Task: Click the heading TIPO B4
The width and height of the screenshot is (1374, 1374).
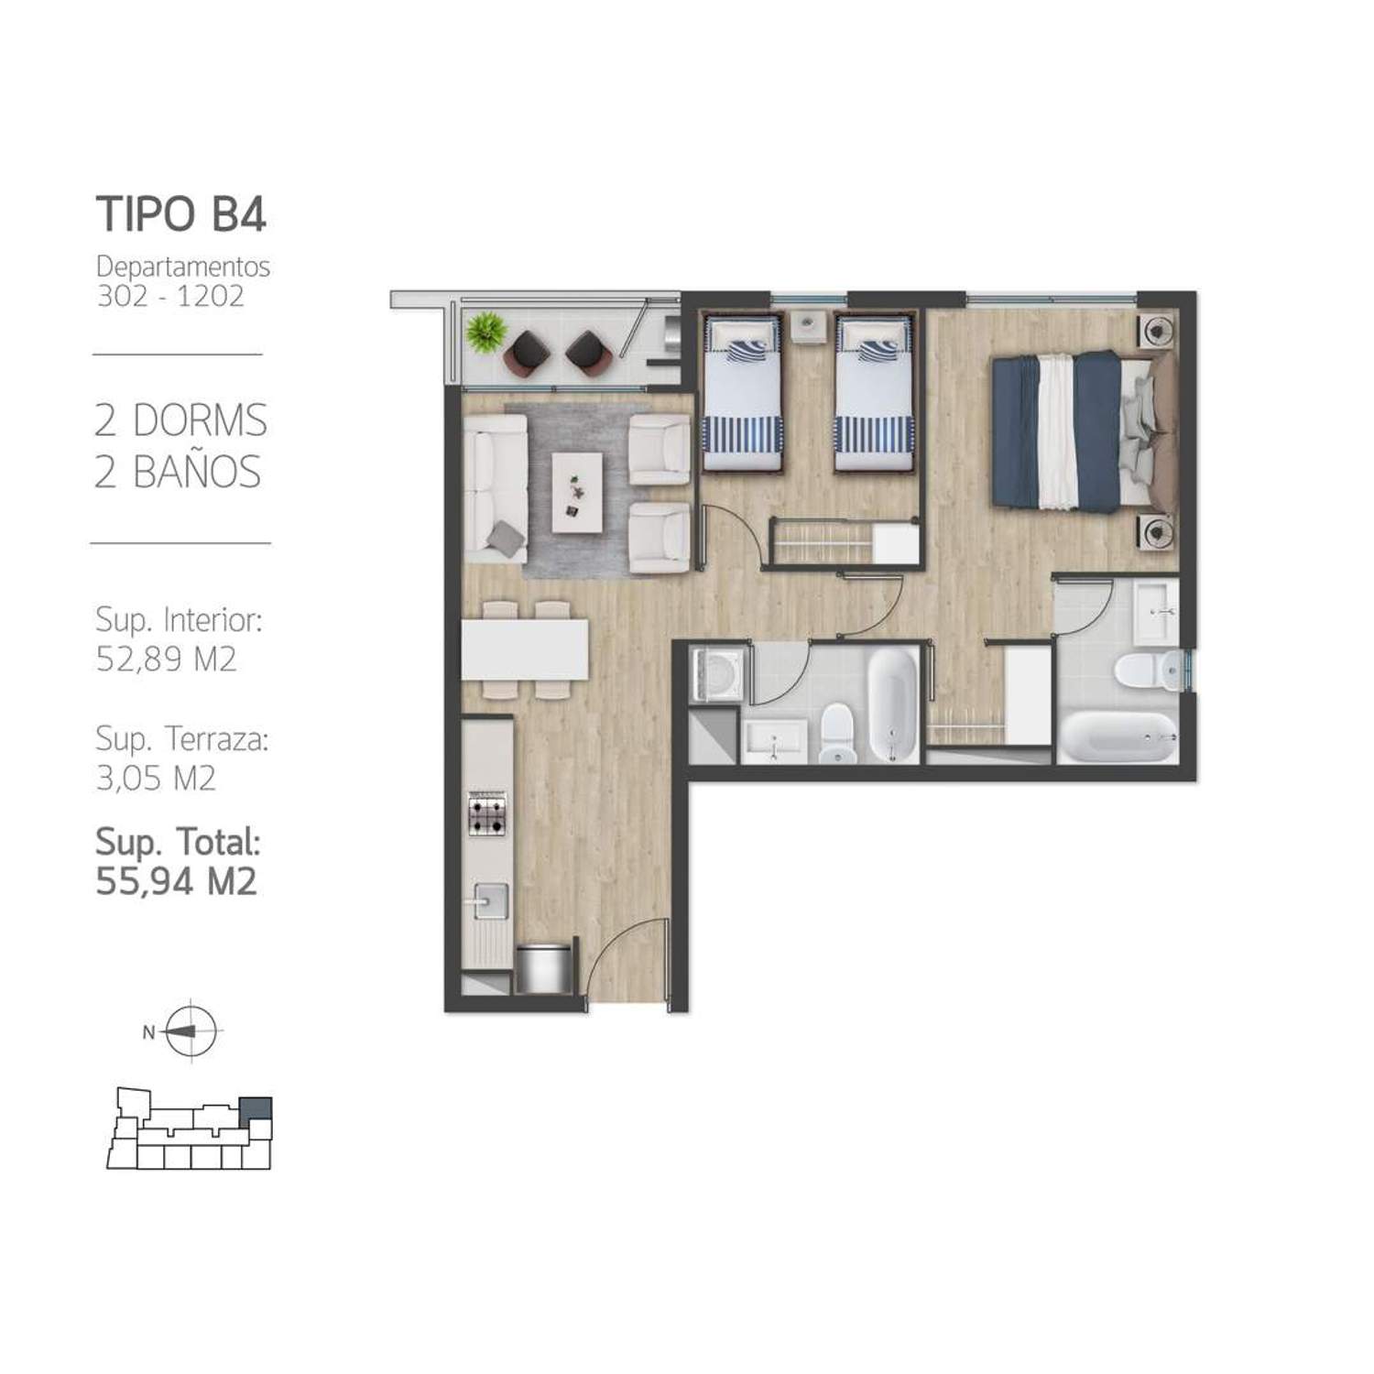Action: (x=181, y=213)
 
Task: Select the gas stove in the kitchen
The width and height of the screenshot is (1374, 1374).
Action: (x=486, y=813)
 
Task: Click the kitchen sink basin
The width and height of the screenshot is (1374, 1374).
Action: (x=487, y=900)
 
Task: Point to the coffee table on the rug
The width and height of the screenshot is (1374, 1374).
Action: (x=577, y=492)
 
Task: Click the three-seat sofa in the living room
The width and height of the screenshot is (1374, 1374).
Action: (x=496, y=488)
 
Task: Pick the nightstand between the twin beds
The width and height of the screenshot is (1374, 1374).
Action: (x=808, y=326)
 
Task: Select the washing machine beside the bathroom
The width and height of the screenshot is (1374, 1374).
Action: (x=719, y=675)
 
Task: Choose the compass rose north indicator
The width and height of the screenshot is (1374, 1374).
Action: (x=191, y=1030)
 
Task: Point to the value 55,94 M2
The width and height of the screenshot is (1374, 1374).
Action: (x=176, y=881)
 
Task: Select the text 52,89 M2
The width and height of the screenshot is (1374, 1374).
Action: (x=166, y=659)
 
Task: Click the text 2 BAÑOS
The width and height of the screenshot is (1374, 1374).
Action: (x=178, y=472)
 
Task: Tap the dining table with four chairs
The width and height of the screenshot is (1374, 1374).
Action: (x=525, y=650)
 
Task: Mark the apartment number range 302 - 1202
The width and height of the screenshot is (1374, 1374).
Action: (x=170, y=296)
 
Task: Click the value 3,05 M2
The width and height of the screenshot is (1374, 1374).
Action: (x=156, y=778)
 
